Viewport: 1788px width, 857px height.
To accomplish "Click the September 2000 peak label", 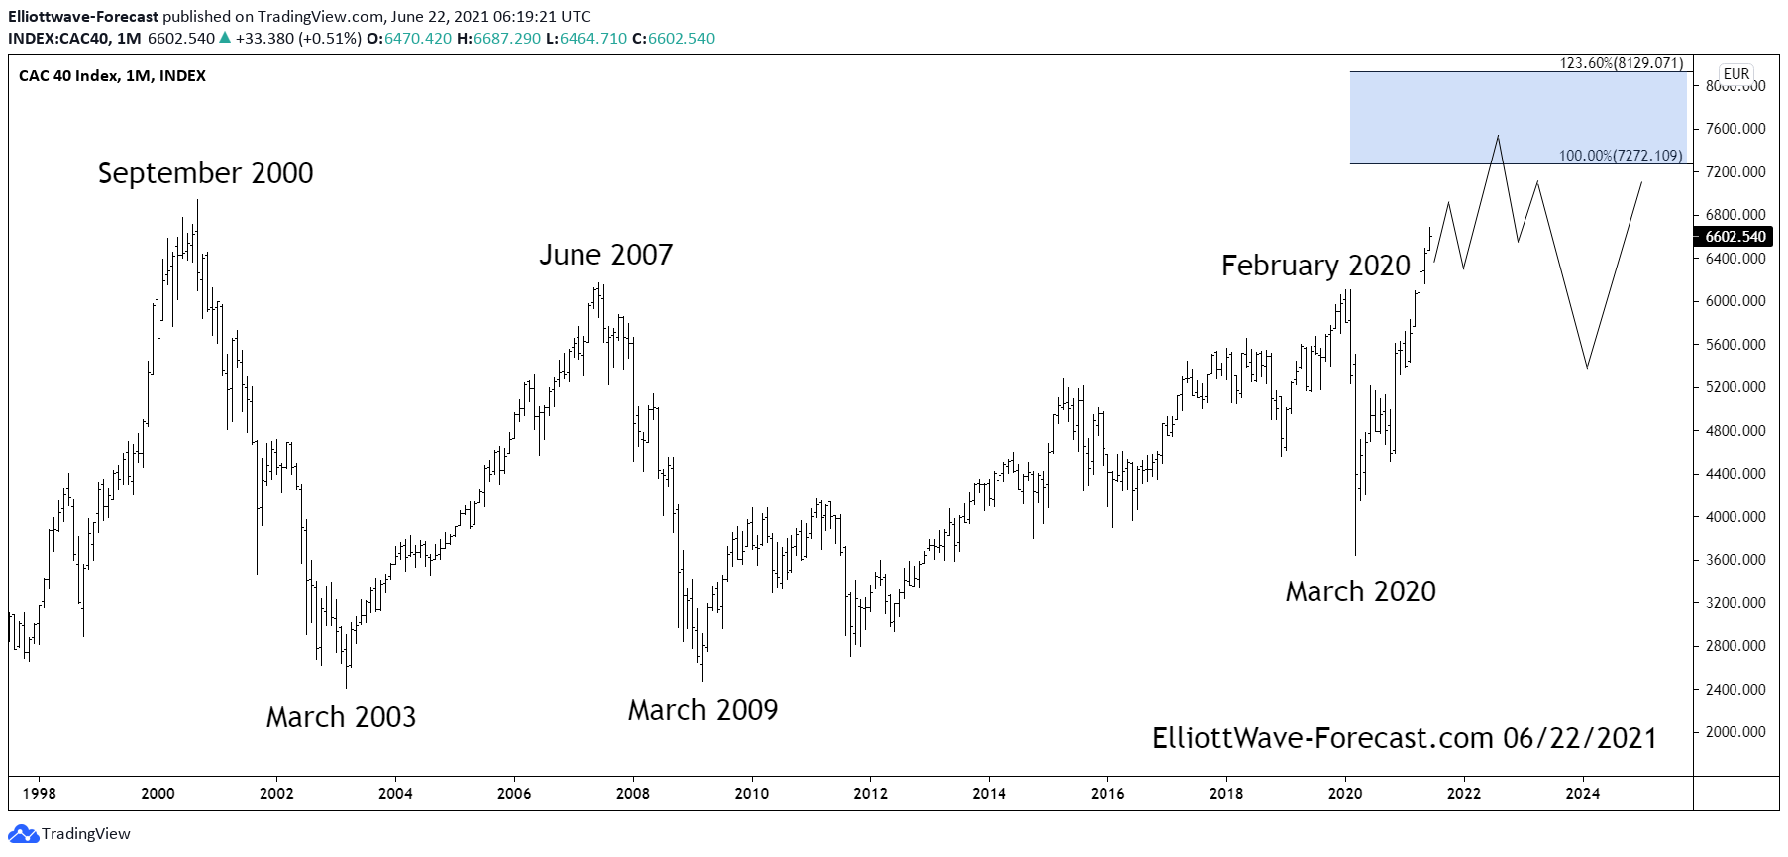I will (x=205, y=173).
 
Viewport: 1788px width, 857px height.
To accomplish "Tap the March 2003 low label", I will (x=341, y=717).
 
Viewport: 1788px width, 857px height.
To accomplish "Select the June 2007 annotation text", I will (x=605, y=255).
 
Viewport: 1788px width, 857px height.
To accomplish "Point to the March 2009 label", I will (x=702, y=710).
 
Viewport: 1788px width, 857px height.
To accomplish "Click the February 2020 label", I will (x=1315, y=266).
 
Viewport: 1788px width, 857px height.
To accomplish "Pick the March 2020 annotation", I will (x=1360, y=591).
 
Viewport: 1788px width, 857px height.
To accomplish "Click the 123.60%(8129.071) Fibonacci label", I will (x=1621, y=63).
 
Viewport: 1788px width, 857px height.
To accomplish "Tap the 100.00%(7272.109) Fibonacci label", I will (x=1620, y=156).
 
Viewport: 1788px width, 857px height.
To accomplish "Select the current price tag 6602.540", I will (x=1735, y=237).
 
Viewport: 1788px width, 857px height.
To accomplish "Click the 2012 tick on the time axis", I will (x=870, y=793).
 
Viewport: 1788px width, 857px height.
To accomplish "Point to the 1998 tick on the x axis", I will (x=39, y=793).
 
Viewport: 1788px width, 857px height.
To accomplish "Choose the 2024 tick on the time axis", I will (x=1582, y=793).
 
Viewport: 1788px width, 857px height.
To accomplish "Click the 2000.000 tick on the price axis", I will (x=1735, y=732).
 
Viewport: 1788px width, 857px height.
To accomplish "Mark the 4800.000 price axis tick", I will (x=1735, y=431).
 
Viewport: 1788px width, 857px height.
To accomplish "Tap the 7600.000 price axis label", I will (x=1735, y=129).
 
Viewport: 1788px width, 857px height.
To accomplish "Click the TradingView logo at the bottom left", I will (x=69, y=833).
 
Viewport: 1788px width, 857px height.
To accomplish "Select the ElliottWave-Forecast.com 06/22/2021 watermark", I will (x=1404, y=738).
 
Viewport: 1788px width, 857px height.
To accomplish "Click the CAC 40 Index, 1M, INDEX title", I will (x=112, y=76).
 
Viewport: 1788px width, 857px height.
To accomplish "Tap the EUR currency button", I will (x=1735, y=74).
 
